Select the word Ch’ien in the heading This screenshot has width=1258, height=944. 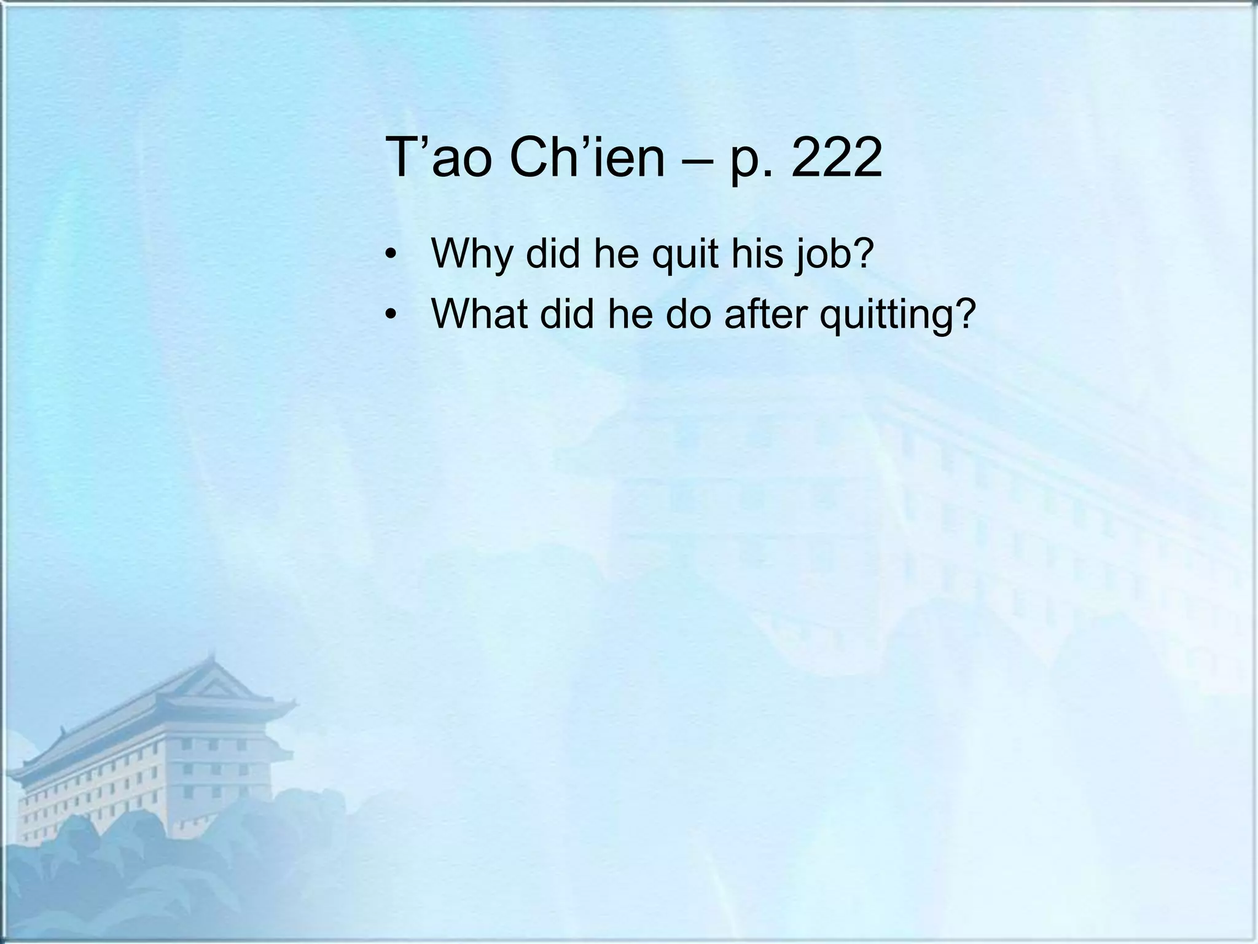(x=587, y=159)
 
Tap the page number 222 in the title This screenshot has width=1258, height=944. (x=836, y=159)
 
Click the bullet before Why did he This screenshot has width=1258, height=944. (x=389, y=255)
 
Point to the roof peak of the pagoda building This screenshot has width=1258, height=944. (x=212, y=661)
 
